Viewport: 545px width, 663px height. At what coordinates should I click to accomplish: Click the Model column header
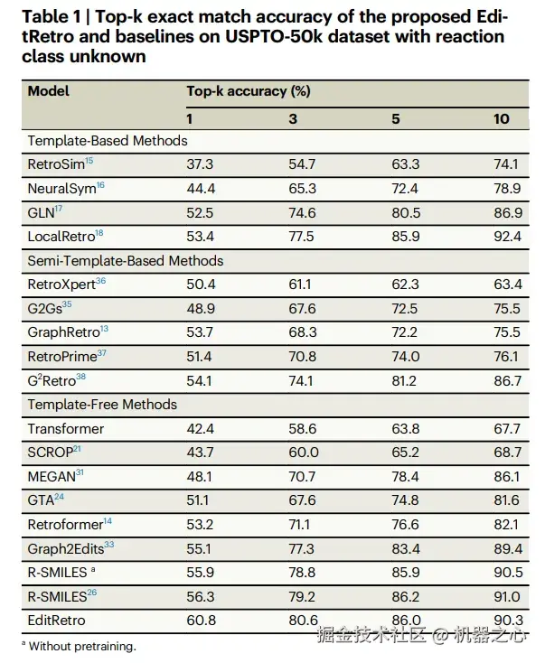48,91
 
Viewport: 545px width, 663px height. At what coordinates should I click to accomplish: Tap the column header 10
502,118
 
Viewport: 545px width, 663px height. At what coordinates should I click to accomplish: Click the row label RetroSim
56,163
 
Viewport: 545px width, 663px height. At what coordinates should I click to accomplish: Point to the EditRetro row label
56,620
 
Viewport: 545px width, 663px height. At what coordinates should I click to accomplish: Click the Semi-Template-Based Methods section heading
126,260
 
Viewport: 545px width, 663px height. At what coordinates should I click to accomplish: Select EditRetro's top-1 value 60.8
200,620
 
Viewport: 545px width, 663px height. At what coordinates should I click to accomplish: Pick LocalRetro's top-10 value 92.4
507,236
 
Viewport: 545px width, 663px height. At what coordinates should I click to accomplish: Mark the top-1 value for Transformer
200,429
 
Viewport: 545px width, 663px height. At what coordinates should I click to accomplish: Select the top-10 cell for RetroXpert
507,284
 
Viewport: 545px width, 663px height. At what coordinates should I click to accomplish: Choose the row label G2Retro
56,380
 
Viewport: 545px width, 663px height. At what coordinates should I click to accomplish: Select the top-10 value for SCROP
507,453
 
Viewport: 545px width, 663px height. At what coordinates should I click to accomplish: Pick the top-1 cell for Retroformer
200,524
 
